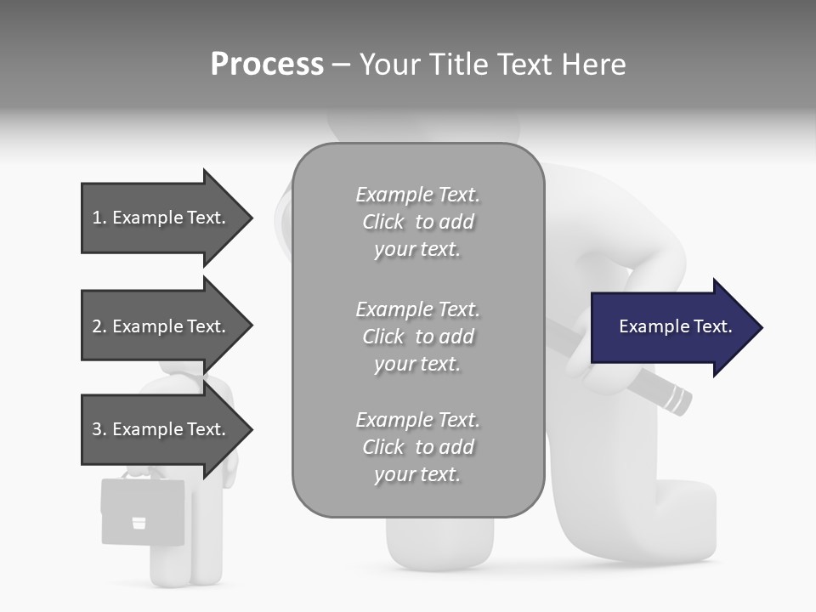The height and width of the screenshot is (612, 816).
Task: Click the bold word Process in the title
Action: point(267,65)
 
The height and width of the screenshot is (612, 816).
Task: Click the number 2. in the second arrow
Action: point(99,326)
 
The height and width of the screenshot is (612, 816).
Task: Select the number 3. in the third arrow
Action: point(99,429)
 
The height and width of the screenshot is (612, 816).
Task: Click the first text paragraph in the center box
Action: point(417,222)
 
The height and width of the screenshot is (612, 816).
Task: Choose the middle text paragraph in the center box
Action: point(417,337)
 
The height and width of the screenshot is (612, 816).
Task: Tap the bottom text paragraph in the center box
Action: point(417,447)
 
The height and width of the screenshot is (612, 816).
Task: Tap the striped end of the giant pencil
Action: point(676,399)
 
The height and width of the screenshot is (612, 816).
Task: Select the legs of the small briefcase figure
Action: point(183,552)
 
